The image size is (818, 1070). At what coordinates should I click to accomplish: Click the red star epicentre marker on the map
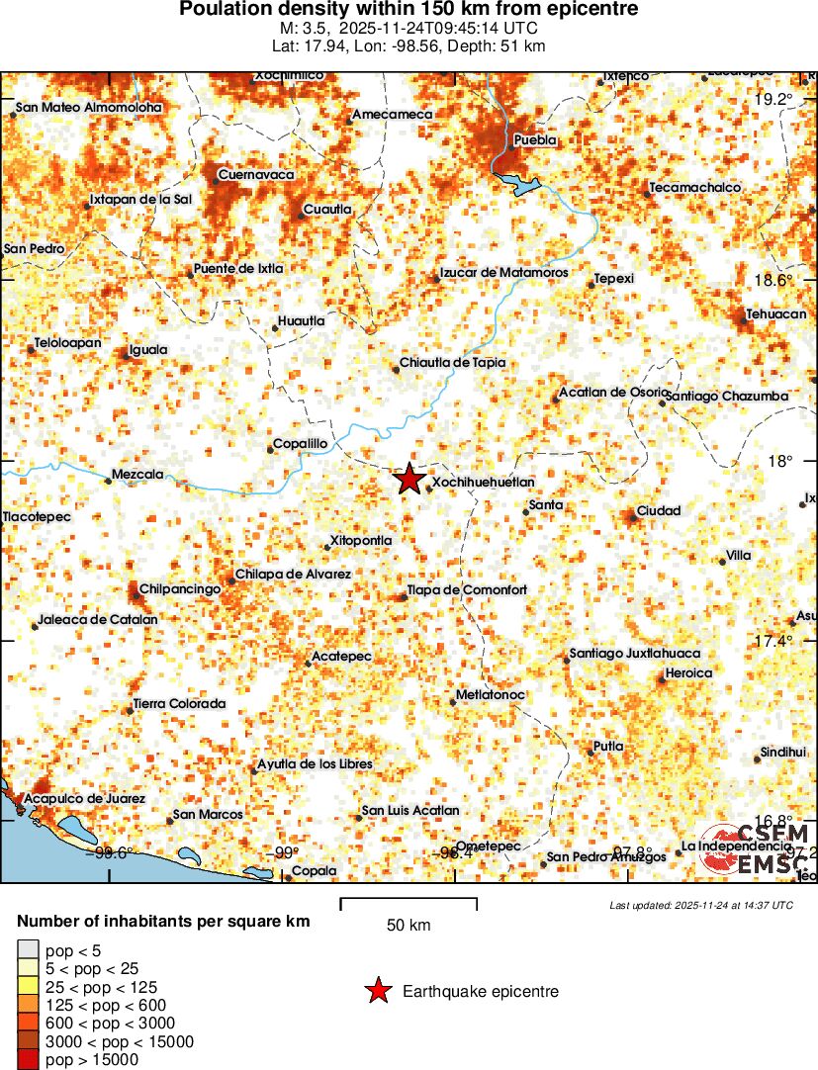(x=409, y=480)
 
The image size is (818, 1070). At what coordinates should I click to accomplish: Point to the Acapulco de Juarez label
(x=85, y=798)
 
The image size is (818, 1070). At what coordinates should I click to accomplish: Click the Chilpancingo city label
(x=179, y=588)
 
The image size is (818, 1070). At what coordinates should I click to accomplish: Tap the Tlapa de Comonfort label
(x=467, y=590)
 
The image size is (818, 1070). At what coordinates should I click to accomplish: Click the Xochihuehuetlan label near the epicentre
(x=484, y=482)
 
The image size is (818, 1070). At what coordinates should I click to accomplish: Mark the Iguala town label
(x=147, y=349)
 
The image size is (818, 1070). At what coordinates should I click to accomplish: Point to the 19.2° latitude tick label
(x=773, y=99)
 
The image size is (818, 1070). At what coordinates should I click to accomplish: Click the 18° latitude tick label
(x=782, y=461)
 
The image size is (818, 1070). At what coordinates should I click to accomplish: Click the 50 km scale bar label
(x=409, y=926)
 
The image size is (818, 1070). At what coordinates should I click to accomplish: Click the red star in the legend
(x=377, y=991)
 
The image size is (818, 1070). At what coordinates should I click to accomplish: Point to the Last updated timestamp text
(x=701, y=905)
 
